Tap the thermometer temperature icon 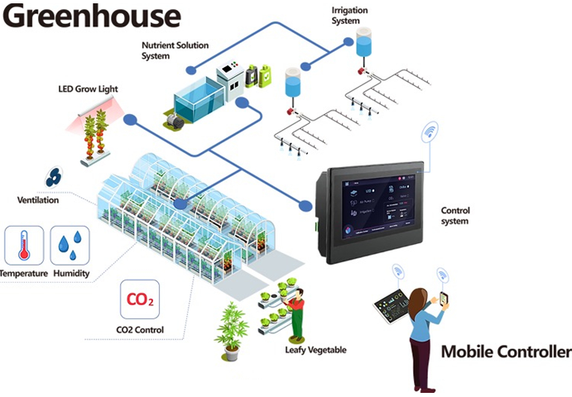[x=24, y=245]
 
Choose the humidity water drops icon [x=70, y=245]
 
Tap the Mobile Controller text [x=505, y=352]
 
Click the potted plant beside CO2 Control [x=231, y=331]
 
